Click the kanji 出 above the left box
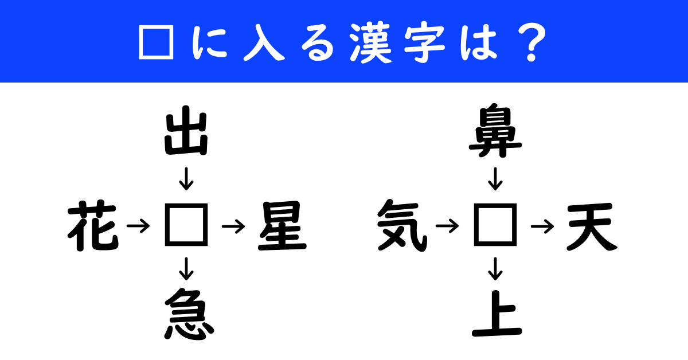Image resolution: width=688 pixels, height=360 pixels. point(186,130)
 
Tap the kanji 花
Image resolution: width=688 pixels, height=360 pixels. point(93,226)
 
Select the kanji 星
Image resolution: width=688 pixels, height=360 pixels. point(282,226)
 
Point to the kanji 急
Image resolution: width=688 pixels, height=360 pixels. point(189,314)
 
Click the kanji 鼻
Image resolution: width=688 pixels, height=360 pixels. point(495,130)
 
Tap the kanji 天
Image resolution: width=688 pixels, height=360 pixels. point(592,226)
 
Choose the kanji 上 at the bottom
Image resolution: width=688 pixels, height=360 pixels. point(497,314)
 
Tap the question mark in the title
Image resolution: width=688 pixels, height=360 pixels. point(531,42)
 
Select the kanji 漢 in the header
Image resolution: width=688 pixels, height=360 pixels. point(371,42)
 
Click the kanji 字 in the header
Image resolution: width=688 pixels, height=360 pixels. point(424,42)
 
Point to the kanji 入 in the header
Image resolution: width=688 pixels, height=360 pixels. point(264,42)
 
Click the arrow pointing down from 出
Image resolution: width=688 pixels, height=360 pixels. point(186,179)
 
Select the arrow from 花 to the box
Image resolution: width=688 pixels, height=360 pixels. point(139,226)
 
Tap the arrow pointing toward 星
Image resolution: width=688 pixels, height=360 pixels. point(234,226)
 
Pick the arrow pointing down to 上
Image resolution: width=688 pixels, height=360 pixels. point(495,269)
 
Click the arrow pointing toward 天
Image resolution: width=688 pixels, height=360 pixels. point(543,226)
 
